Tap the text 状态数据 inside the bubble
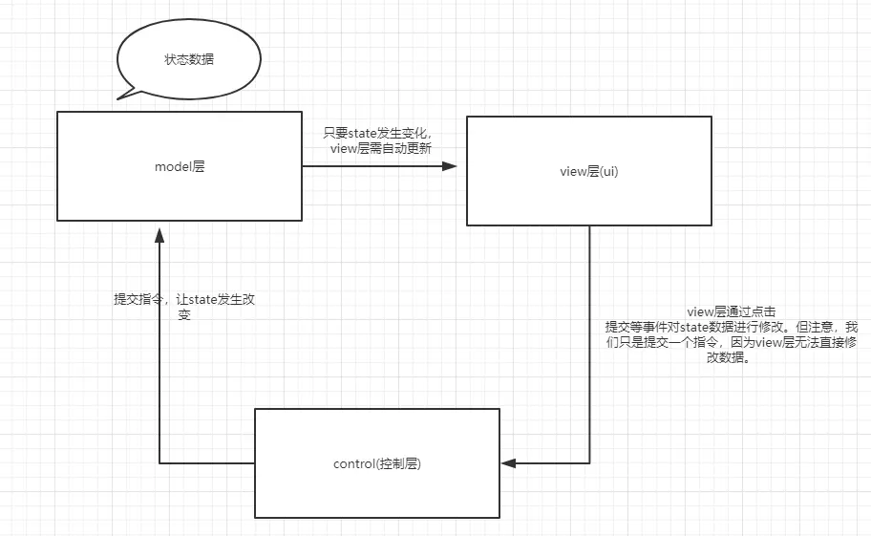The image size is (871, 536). point(189,59)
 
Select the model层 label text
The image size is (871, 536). point(180,166)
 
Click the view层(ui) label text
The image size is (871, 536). point(588,172)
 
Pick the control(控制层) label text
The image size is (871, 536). point(377,464)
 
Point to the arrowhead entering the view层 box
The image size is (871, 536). point(449,166)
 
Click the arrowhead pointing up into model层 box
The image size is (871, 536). point(158,235)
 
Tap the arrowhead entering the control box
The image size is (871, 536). point(508,463)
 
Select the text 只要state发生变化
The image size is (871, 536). point(377,133)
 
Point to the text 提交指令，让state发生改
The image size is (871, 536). point(183,299)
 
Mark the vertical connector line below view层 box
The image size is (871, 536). point(589,334)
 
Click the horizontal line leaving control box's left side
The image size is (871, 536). point(205,463)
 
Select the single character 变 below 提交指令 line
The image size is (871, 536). point(183,314)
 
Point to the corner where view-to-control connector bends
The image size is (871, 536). point(589,463)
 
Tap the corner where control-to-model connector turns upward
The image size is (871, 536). point(158,463)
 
